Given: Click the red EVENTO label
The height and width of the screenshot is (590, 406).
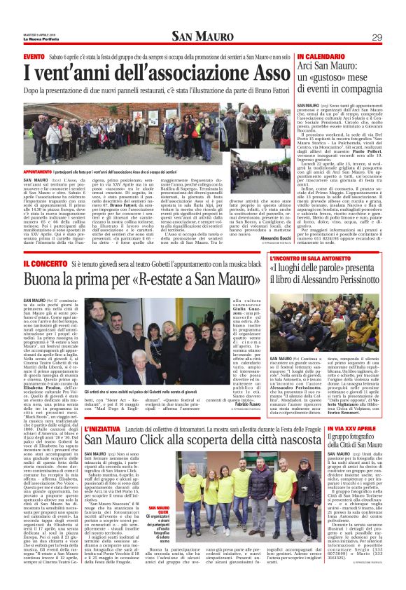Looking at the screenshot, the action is coord(34,56).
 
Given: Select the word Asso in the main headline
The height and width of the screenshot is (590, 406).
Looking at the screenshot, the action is coord(264,72).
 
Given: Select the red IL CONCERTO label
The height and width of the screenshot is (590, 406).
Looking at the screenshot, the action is coord(45,263).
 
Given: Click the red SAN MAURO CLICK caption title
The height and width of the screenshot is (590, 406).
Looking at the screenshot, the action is coord(157,507).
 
